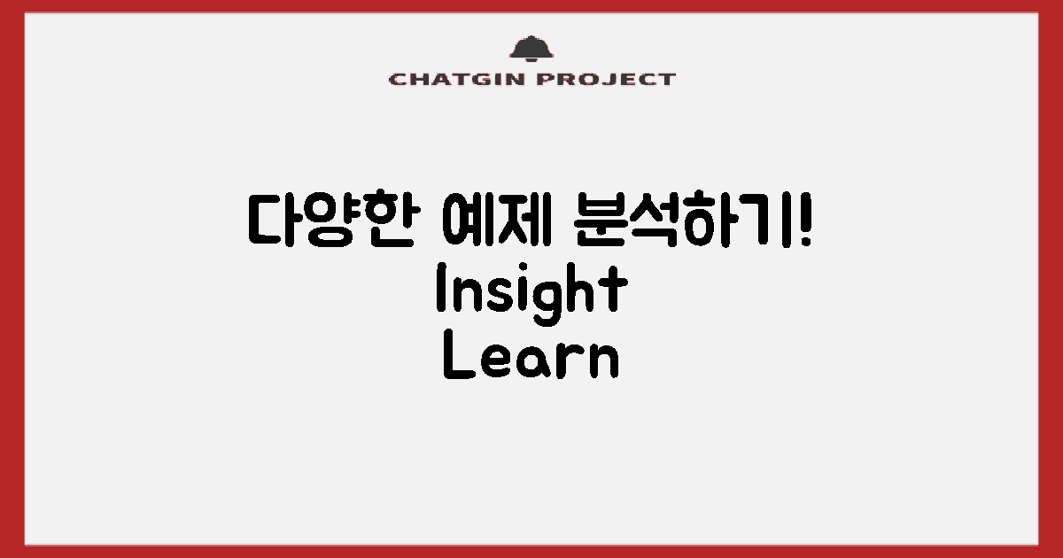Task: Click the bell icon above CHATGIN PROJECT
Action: (531, 50)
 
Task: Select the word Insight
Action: (531, 291)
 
